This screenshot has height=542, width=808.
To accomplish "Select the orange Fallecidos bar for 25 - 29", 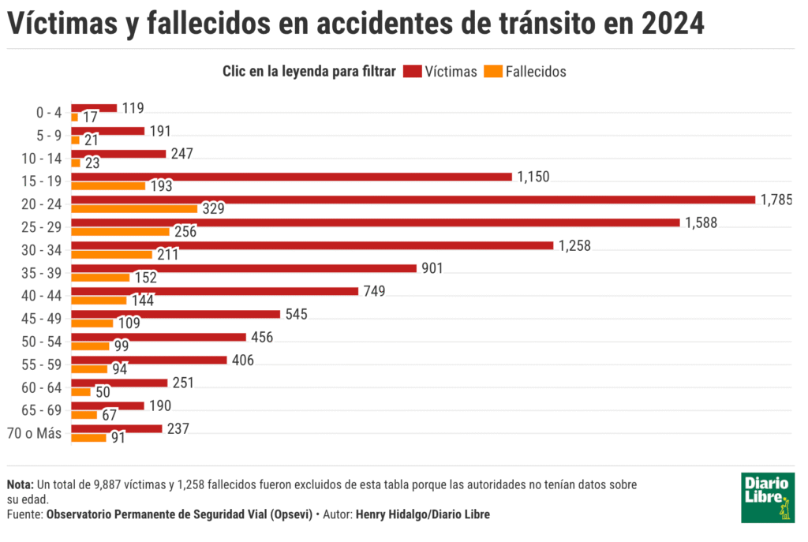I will [x=121, y=232].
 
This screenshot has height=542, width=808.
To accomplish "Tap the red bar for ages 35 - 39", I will [x=244, y=268].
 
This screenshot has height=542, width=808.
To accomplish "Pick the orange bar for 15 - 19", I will [x=108, y=186].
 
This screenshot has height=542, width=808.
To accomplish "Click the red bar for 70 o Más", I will [x=117, y=428].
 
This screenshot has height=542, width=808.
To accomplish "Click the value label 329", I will [x=213, y=209].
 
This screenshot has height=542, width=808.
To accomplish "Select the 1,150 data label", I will [x=533, y=177].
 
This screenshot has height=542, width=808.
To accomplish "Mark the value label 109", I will [x=129, y=323].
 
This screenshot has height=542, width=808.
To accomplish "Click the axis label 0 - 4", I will [x=49, y=112].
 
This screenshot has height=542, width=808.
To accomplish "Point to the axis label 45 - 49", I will [x=43, y=318].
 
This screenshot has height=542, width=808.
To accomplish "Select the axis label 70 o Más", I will [x=35, y=432].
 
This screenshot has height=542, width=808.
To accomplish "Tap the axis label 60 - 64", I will [x=43, y=387].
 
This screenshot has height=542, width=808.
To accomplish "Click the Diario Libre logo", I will [x=768, y=498].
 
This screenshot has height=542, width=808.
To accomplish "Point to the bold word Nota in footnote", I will [x=19, y=484].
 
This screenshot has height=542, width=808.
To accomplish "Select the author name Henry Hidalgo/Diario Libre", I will [x=423, y=514].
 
